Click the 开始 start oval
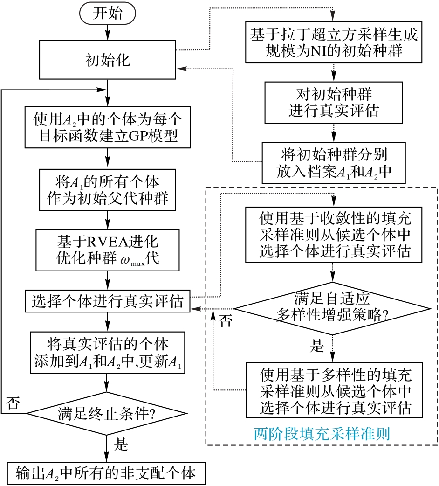[108, 13]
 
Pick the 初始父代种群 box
[108, 188]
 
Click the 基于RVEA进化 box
[108, 250]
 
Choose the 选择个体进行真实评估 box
[108, 302]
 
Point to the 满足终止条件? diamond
[107, 413]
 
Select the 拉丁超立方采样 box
[334, 42]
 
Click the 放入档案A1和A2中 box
[333, 163]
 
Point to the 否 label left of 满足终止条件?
[14, 403]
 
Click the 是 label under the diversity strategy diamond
[317, 346]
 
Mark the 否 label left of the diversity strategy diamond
[226, 322]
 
